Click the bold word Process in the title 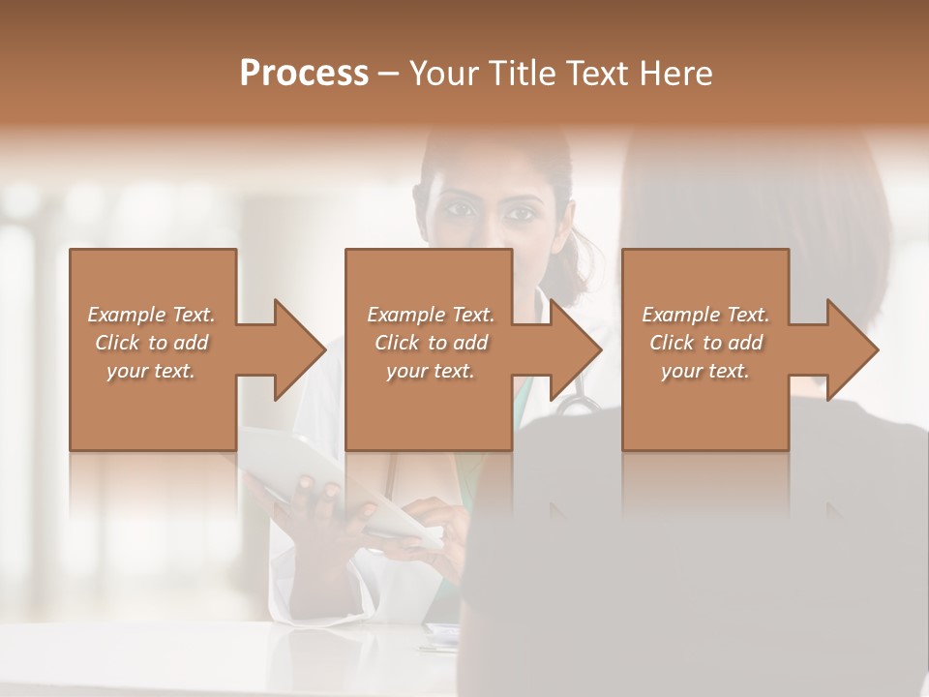304,74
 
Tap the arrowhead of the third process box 853,349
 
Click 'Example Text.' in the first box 151,315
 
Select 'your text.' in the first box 151,371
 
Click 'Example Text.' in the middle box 431,315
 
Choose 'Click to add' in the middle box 431,343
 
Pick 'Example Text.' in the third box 705,315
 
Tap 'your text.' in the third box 705,371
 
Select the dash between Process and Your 389,75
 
